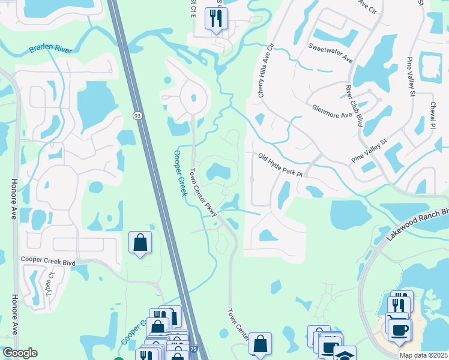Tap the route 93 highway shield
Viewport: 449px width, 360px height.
click(x=138, y=116)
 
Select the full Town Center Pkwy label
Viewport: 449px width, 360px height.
click(x=203, y=188)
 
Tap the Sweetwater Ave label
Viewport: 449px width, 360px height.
click(x=330, y=52)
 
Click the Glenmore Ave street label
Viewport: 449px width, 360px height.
click(x=332, y=112)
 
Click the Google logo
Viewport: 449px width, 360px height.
click(x=19, y=353)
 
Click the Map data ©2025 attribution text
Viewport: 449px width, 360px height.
click(x=423, y=355)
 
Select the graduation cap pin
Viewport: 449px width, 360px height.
click(x=345, y=355)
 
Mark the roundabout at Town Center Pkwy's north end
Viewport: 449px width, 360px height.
click(x=193, y=98)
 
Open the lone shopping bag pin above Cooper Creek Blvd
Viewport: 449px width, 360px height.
click(x=140, y=243)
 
